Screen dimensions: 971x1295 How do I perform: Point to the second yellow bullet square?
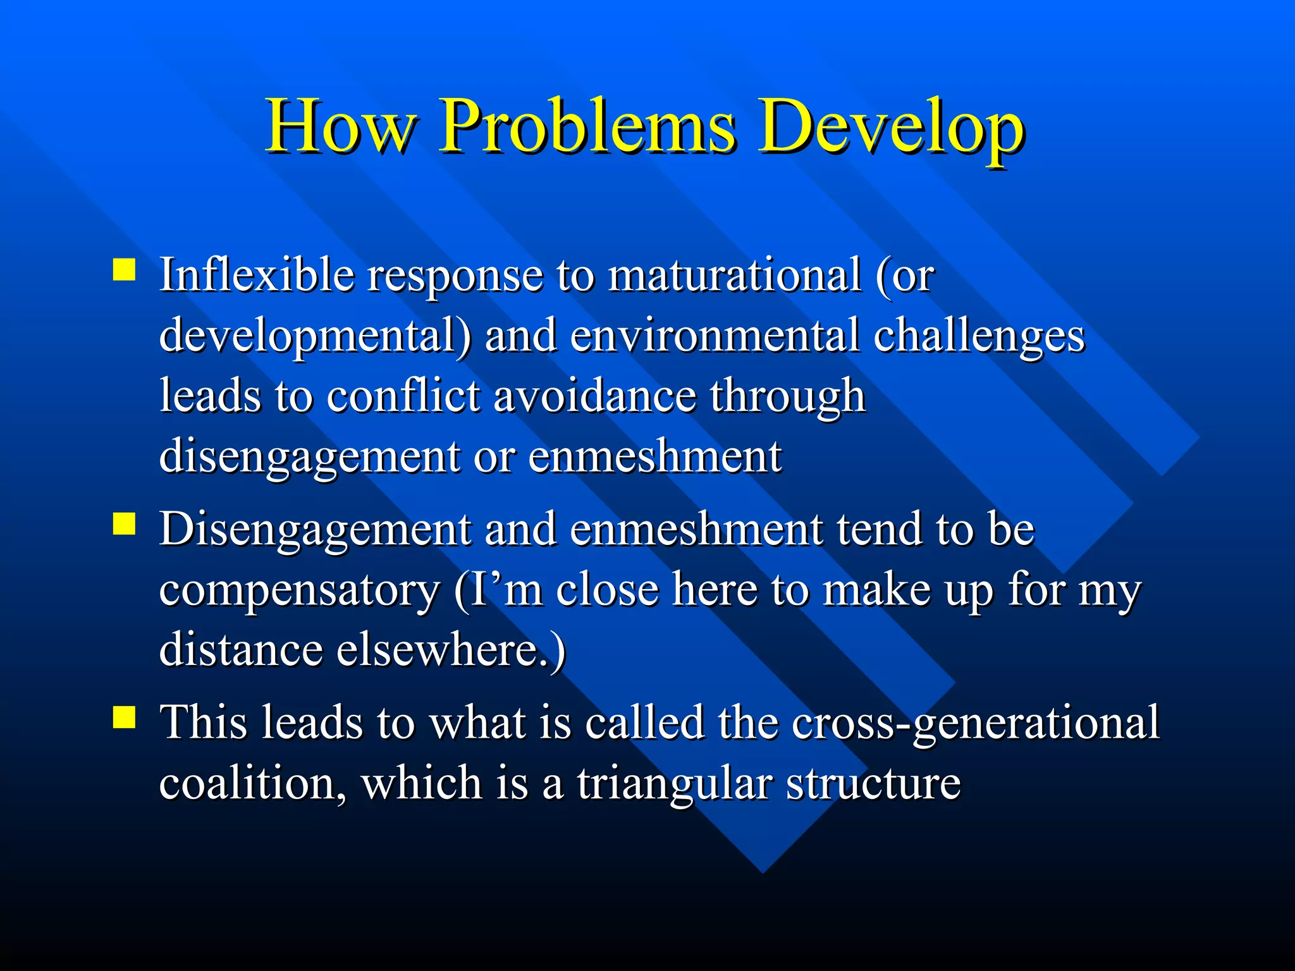click(x=125, y=523)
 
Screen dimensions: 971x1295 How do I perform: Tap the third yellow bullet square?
click(x=125, y=718)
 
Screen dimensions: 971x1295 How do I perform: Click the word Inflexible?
click(x=256, y=275)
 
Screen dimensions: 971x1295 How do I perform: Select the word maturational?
click(x=733, y=275)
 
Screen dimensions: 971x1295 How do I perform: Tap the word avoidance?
click(x=594, y=396)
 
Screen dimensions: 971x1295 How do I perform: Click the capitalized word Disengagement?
click(x=315, y=530)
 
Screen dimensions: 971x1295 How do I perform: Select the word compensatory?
click(x=298, y=590)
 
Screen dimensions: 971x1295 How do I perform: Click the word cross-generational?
click(x=975, y=723)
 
